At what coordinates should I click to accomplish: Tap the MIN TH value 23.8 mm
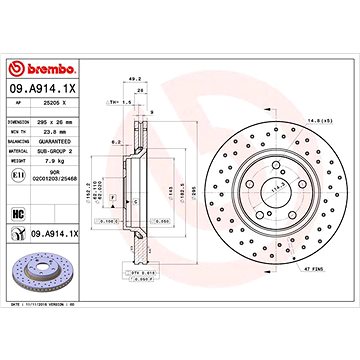pyautogui.click(x=50, y=129)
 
